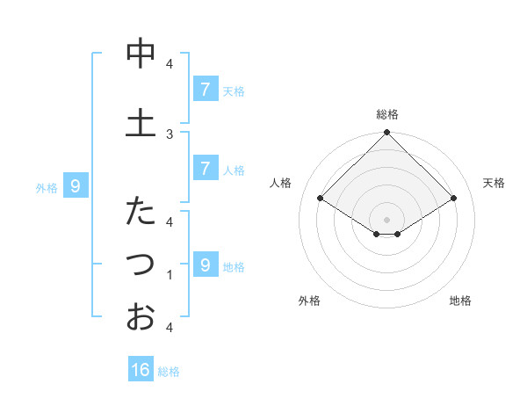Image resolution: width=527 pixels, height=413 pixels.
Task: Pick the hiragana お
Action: point(140,316)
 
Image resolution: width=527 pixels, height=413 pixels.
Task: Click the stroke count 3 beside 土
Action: point(170,134)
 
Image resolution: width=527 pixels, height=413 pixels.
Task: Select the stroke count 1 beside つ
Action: point(170,275)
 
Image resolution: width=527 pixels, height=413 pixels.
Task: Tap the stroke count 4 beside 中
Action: point(170,64)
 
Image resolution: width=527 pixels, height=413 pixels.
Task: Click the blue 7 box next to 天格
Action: point(205,90)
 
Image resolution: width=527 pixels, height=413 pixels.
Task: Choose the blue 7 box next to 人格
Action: point(205,169)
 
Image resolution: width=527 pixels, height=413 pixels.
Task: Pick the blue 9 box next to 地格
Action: point(205,265)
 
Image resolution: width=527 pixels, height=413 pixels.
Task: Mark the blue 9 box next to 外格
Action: point(76,186)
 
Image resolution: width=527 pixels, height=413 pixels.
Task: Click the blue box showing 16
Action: point(141,370)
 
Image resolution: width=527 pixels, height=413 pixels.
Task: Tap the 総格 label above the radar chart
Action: point(387,114)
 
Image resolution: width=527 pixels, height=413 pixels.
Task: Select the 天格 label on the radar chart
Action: point(495,183)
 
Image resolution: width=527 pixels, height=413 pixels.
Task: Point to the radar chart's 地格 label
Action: point(460,301)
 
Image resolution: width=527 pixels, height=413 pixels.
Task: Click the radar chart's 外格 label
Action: point(309,301)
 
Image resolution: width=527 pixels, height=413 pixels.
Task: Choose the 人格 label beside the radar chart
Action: point(280,183)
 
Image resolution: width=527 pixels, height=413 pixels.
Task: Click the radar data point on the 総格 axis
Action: point(387,133)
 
